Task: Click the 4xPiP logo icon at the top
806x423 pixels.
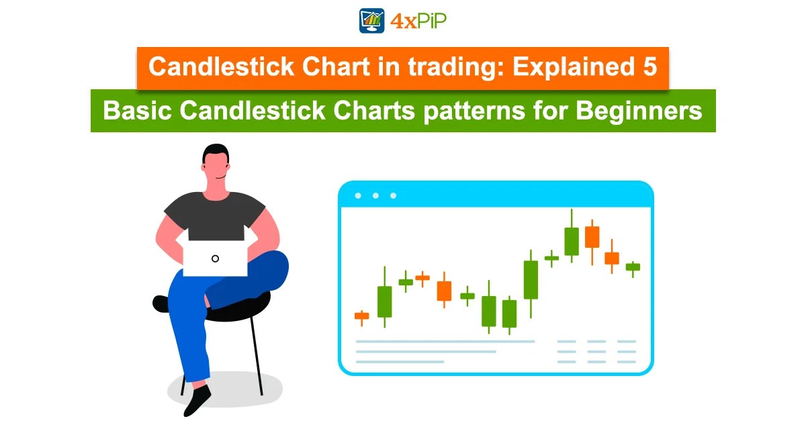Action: (371, 21)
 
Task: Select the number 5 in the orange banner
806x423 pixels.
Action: (650, 68)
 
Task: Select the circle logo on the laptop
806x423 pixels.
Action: (215, 258)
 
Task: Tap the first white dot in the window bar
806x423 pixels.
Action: (358, 195)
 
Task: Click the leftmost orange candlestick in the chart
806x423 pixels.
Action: (361, 316)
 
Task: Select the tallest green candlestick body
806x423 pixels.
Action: (531, 279)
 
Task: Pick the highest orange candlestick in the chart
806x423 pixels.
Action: (592, 236)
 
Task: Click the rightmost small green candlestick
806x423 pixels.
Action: (633, 267)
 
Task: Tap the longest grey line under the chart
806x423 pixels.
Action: (445, 342)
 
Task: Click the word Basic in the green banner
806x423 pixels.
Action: (133, 111)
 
